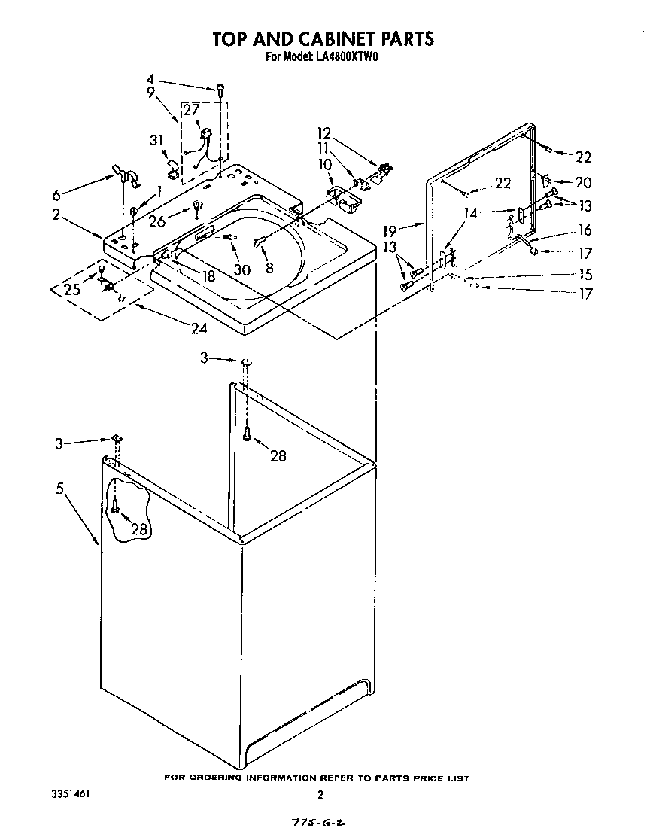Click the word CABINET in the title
[326, 38]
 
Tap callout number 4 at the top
[150, 78]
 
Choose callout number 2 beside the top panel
[56, 215]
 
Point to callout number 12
[323, 133]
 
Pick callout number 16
[585, 230]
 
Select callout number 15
[585, 275]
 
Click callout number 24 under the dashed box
[199, 328]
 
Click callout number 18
[208, 275]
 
